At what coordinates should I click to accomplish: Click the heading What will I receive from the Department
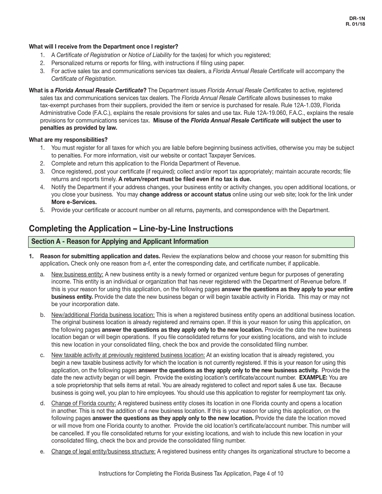103,47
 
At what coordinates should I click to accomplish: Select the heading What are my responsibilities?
68,140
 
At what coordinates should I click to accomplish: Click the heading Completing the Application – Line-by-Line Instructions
131,229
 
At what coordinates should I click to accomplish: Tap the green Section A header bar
191,242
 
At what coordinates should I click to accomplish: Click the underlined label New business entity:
77,275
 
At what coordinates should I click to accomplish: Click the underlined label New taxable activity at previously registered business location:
128,355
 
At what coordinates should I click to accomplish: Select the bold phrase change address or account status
185,195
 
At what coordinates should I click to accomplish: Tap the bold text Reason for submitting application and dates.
100,256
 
